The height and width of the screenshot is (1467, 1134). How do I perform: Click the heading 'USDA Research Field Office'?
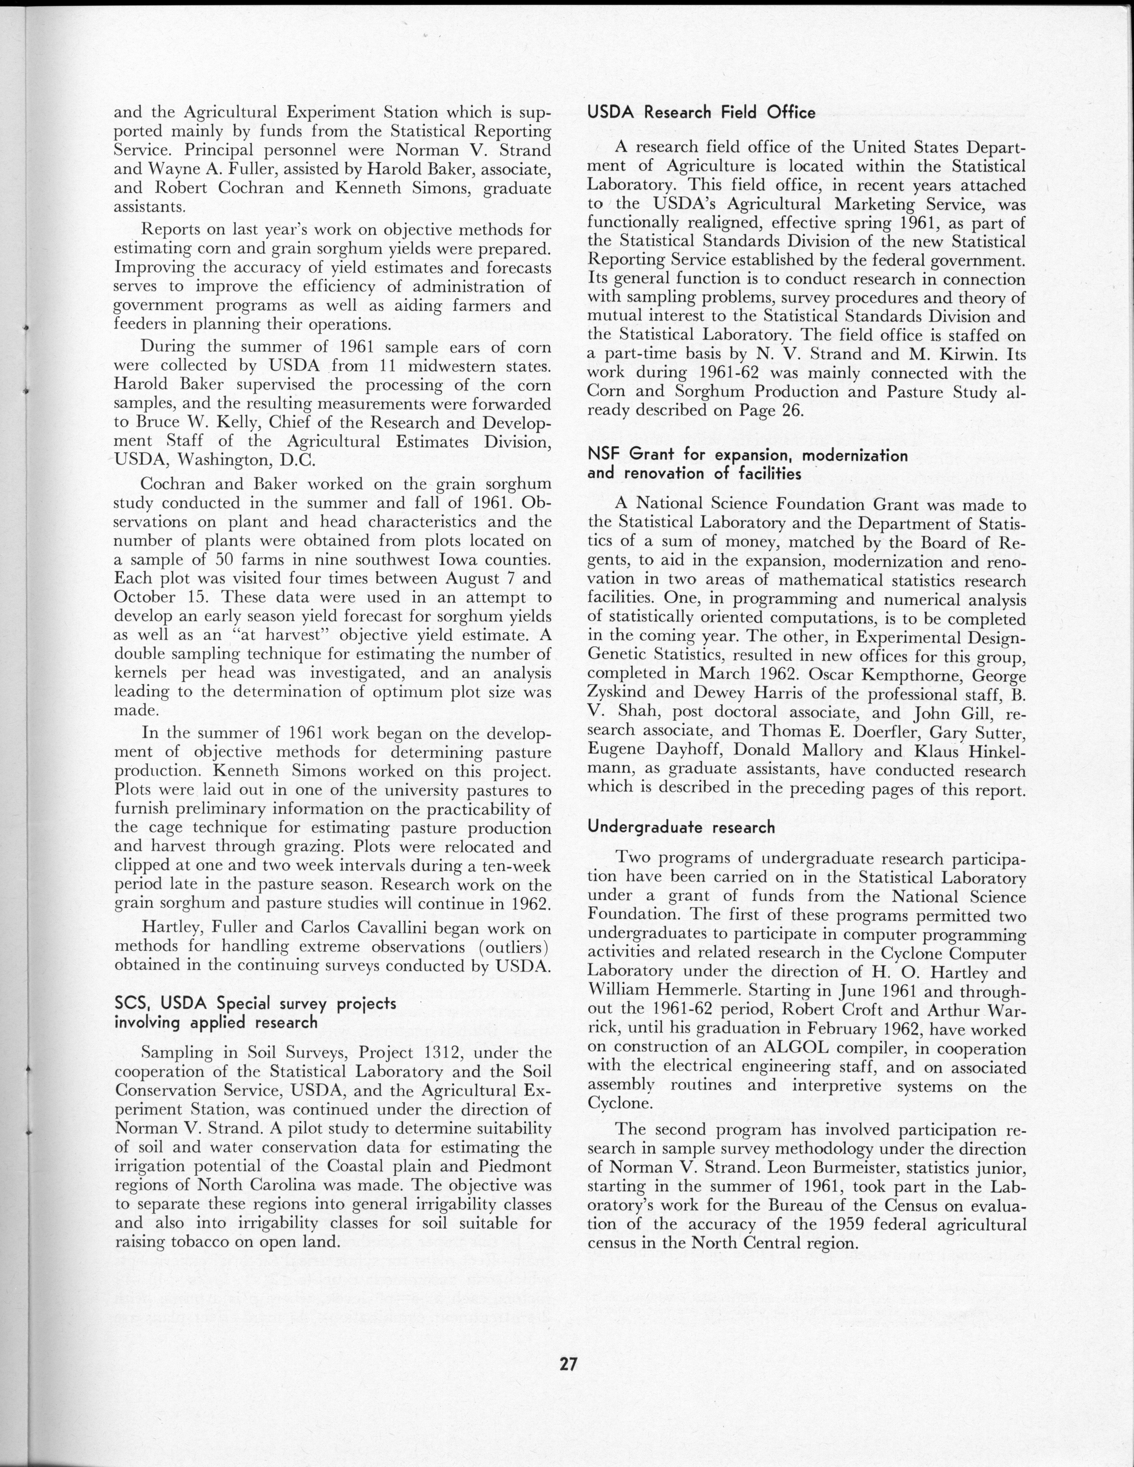click(701, 112)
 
